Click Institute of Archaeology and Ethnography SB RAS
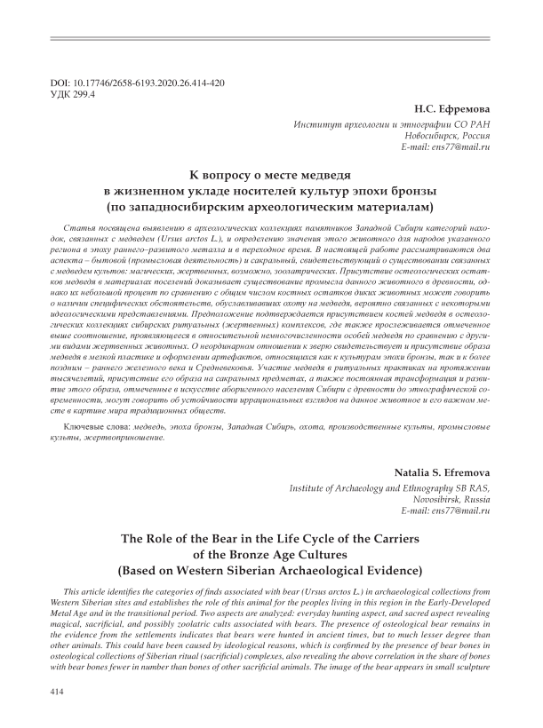coord(389,487)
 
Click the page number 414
coord(61,688)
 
